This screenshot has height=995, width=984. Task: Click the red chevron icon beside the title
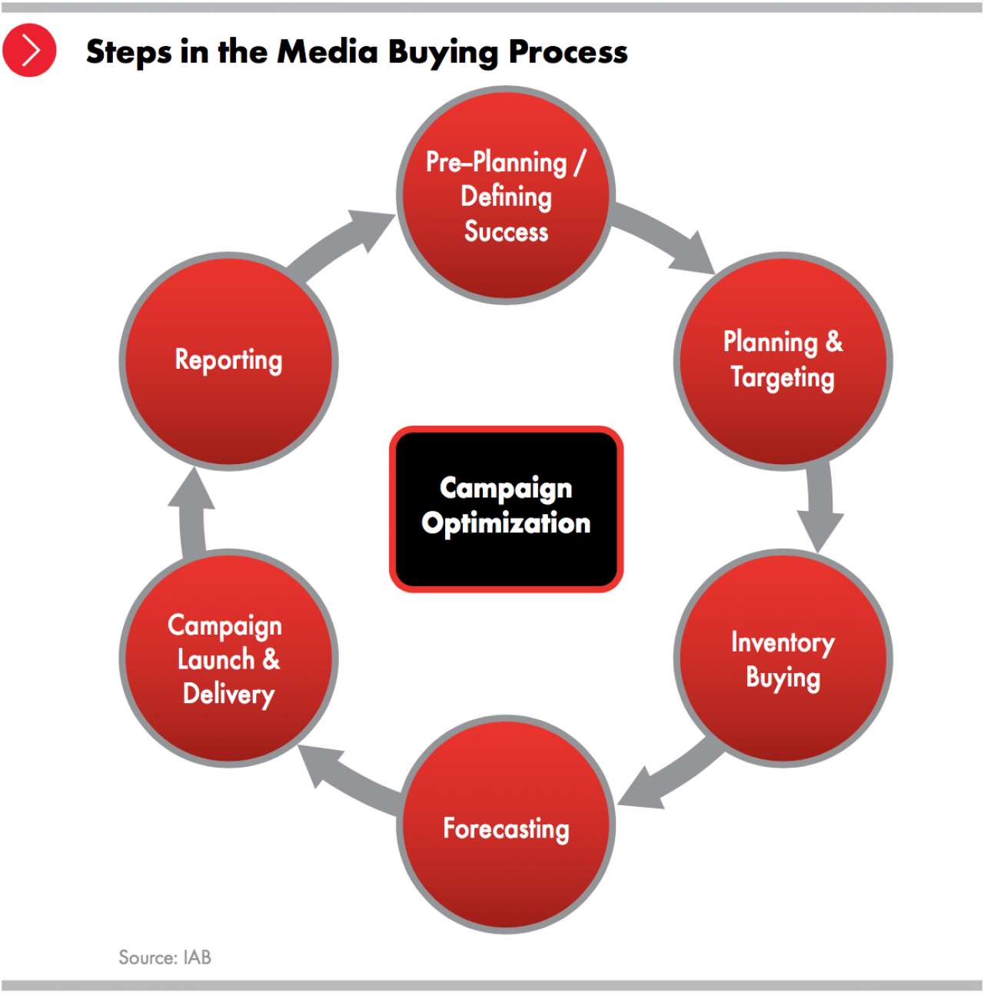(29, 50)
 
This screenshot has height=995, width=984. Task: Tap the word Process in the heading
(568, 51)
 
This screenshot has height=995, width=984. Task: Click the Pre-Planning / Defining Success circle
(506, 194)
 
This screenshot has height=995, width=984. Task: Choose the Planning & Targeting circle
(783, 361)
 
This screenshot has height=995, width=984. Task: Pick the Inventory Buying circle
(783, 658)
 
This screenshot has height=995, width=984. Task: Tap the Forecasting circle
(506, 824)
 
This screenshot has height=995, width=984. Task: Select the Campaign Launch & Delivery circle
(229, 658)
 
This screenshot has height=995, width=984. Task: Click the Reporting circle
(229, 361)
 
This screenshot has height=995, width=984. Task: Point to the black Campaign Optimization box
(506, 509)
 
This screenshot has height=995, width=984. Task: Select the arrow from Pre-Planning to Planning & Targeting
(667, 238)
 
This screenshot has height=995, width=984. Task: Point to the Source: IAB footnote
(165, 957)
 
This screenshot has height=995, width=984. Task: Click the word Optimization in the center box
(506, 523)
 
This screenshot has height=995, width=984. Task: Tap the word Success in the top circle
(506, 231)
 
